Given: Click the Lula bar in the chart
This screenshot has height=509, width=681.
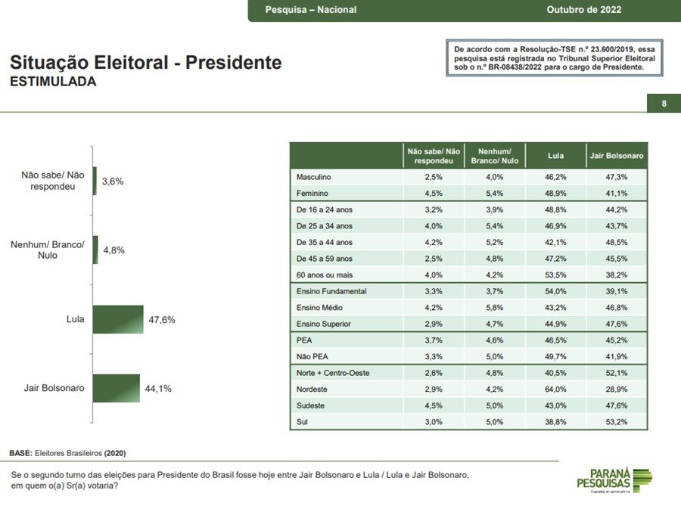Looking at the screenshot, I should pos(118,319).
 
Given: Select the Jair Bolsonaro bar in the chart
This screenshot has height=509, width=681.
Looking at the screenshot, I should pos(117,388).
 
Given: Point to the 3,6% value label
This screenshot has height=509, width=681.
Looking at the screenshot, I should pos(113,182).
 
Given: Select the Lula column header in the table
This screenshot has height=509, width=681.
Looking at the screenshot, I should pos(555,156).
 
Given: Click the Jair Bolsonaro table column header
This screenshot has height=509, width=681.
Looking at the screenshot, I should pos(617,156).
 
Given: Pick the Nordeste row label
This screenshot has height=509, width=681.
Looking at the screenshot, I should pos(313,390).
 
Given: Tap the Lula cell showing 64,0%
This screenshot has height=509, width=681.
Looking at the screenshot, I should pos(555,390).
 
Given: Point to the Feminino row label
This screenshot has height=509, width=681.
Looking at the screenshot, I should pos(313,193).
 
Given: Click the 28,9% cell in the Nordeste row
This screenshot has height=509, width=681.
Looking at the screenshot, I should pos(617,390).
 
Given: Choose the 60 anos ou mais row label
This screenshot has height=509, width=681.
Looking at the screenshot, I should pos(325,275).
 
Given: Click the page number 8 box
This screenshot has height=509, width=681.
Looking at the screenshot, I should pos(664,104).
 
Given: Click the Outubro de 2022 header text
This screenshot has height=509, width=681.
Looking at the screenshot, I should pos(583,10).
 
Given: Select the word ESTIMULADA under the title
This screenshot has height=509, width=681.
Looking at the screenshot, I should pos(53,82).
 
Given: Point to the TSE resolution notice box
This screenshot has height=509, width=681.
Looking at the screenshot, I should pos(554,58).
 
